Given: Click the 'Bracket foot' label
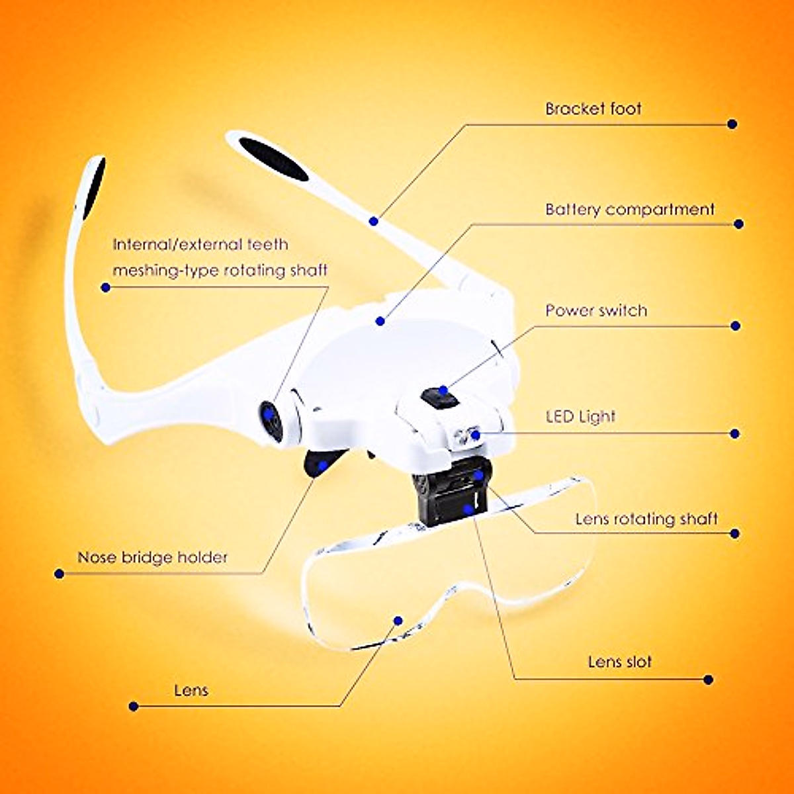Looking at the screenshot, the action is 593,109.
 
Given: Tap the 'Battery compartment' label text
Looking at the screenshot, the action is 629,210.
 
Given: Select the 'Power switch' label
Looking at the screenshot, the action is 596,310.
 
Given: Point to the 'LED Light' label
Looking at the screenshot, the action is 580,417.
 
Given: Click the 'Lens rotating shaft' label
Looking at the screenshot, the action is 646,519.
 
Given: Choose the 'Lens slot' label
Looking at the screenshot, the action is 619,662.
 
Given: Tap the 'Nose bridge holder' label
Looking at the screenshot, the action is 152,557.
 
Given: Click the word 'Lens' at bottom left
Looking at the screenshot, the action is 191,690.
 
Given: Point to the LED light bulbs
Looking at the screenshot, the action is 467,435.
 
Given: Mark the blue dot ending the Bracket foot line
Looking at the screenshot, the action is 732,124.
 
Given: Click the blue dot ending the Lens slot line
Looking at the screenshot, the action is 709,680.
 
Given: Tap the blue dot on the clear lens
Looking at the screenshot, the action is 398,620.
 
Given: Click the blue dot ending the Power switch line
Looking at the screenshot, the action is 734,326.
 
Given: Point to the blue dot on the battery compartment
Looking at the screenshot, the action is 380,321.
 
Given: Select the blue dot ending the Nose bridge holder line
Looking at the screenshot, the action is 59,574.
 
